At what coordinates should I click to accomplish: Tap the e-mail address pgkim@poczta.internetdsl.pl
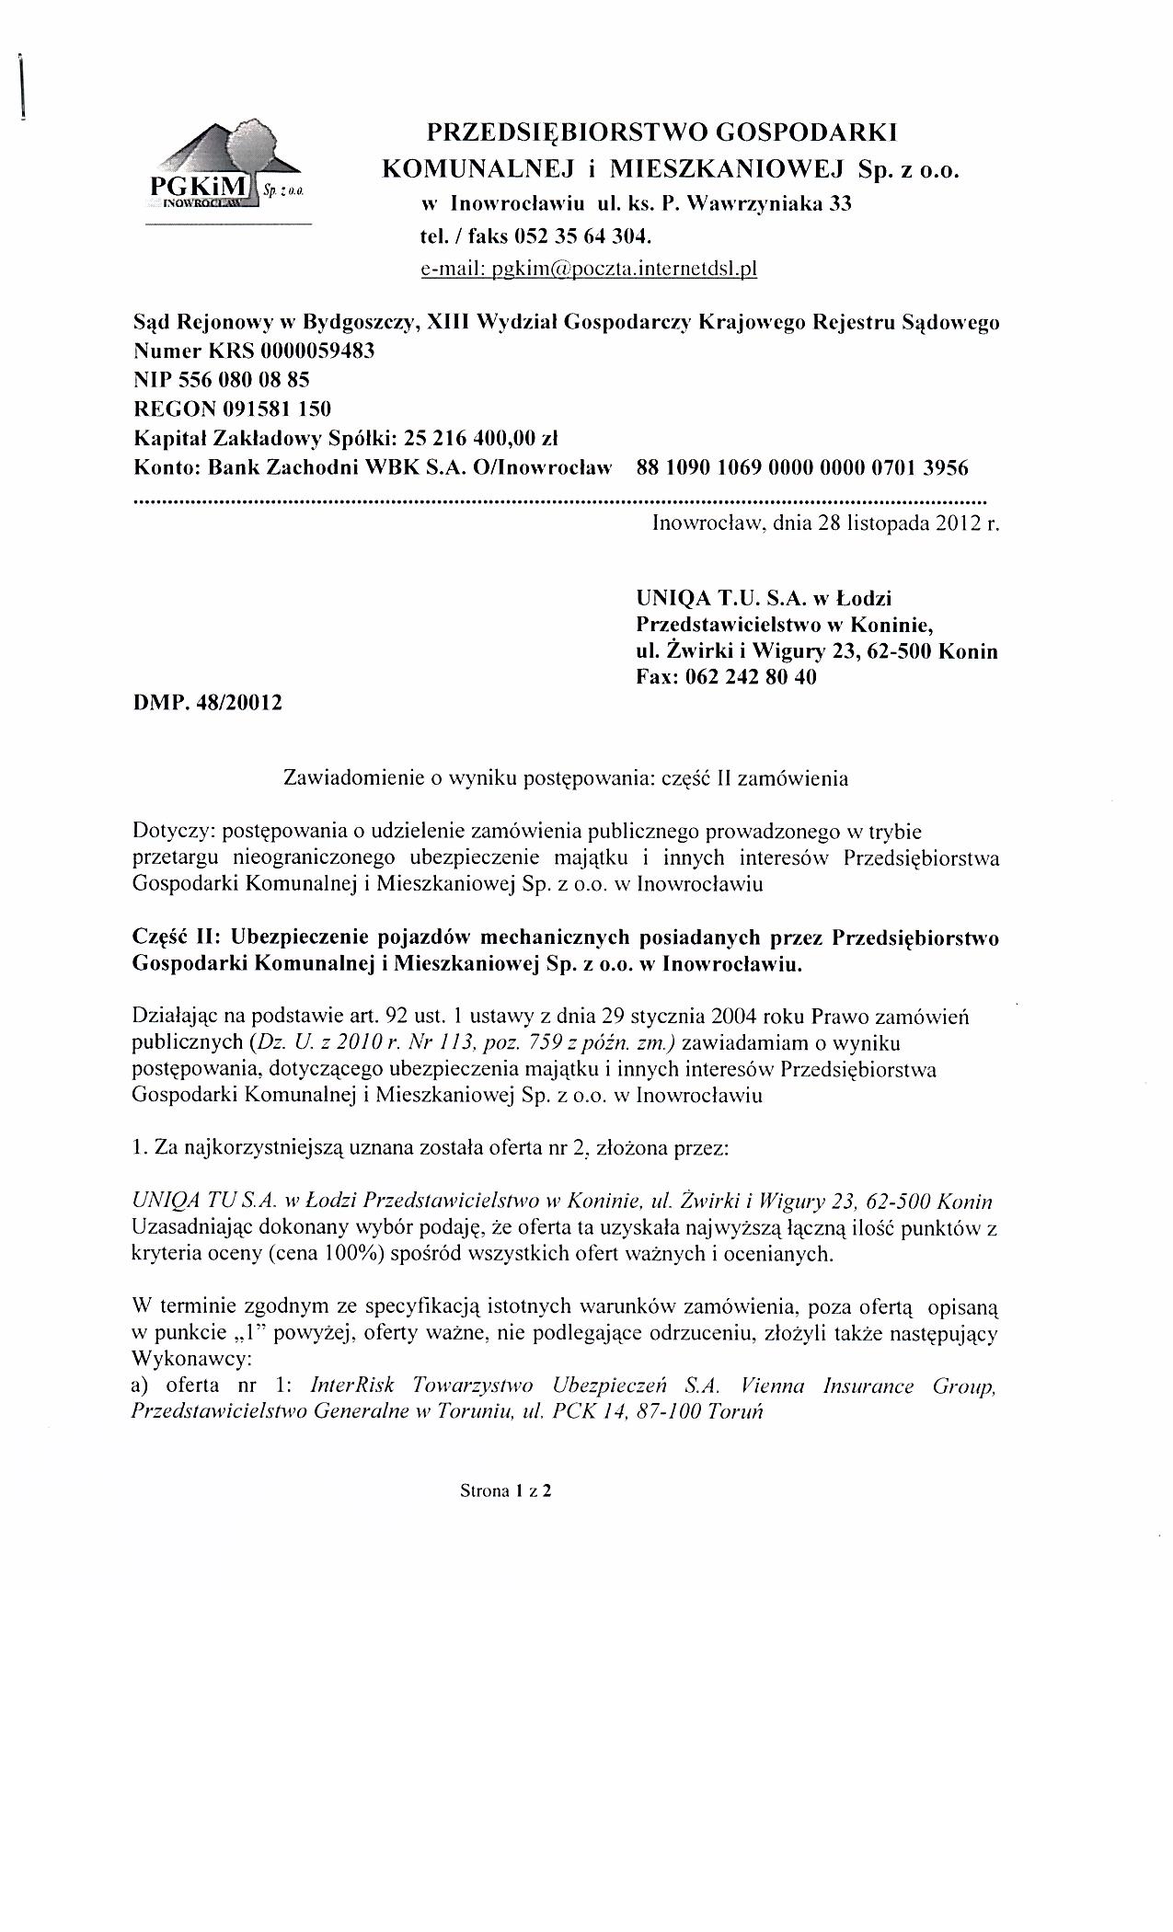[588, 270]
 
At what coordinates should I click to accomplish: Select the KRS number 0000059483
[317, 351]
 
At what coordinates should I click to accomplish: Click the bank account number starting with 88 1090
[801, 467]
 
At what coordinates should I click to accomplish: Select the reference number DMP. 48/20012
[208, 703]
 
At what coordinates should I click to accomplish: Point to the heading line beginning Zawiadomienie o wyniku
[565, 777]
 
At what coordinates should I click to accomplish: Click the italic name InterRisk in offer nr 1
[353, 1386]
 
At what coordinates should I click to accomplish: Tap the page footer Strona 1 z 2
[505, 1491]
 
